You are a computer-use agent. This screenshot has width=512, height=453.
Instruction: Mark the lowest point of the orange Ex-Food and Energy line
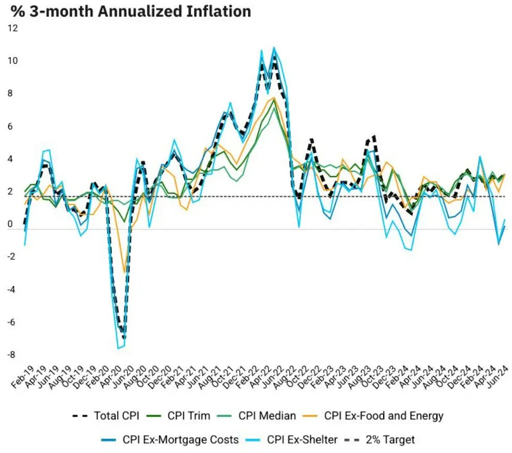[x=124, y=272]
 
